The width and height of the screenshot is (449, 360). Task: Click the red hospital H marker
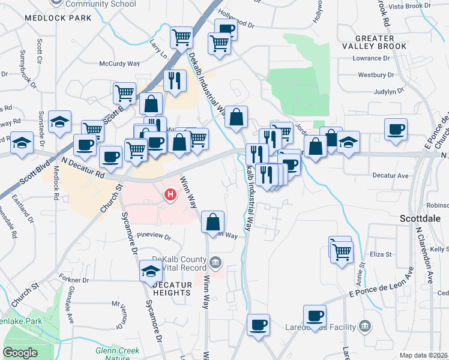[171, 194]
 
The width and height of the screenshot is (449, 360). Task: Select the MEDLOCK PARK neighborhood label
[58, 18]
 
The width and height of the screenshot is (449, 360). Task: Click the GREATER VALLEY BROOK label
[374, 41]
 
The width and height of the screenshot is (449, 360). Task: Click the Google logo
[20, 353]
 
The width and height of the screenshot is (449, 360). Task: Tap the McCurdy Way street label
[119, 63]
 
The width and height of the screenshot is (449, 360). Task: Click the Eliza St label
[380, 254]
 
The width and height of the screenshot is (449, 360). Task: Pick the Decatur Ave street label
[390, 176]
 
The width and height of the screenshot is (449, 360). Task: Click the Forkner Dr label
[74, 280]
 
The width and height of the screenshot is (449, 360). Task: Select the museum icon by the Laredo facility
[365, 327]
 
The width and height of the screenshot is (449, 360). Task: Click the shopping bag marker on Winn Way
[213, 222]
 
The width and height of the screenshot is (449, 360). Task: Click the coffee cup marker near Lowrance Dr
[396, 130]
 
